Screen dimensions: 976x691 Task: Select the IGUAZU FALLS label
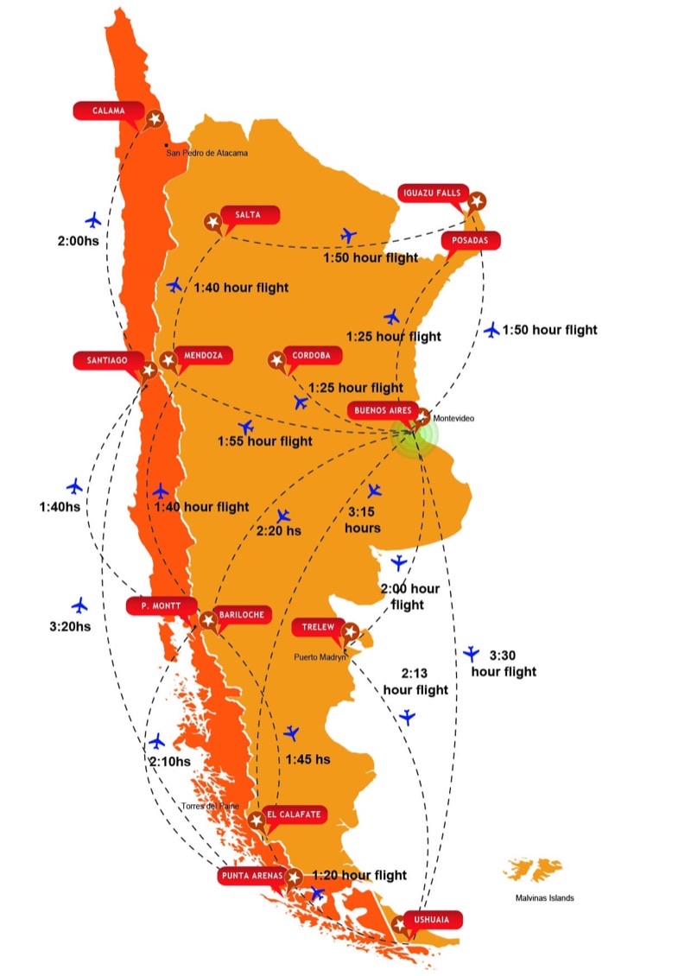[x=434, y=193]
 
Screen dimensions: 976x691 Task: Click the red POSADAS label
[x=471, y=241]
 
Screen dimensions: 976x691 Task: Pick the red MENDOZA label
[x=203, y=355]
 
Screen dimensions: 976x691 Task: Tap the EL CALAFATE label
[x=295, y=814]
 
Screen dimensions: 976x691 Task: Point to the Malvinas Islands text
[x=538, y=898]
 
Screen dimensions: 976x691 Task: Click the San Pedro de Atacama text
[x=206, y=154]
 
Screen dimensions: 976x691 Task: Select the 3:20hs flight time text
[x=71, y=626]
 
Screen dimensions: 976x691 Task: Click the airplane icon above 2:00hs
[x=93, y=219]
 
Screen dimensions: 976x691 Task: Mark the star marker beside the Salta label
[x=212, y=222]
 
